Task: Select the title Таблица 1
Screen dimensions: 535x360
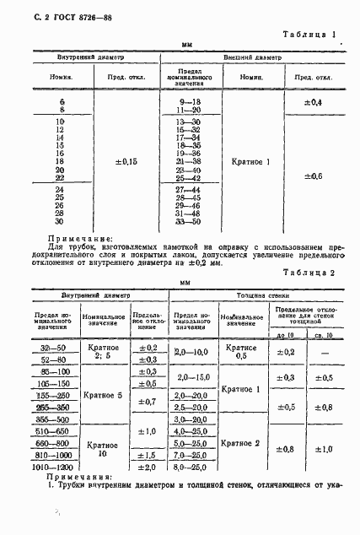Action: pyautogui.click(x=311, y=35)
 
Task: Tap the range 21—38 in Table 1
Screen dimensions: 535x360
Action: pyautogui.click(x=189, y=160)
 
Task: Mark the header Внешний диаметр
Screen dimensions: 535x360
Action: pyautogui.click(x=252, y=57)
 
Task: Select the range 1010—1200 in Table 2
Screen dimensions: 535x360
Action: pyautogui.click(x=53, y=465)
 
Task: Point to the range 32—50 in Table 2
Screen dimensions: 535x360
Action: pyautogui.click(x=53, y=347)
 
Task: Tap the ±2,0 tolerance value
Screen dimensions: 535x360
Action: pyautogui.click(x=147, y=466)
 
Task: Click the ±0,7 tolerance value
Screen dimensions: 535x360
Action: pyautogui.click(x=147, y=402)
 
